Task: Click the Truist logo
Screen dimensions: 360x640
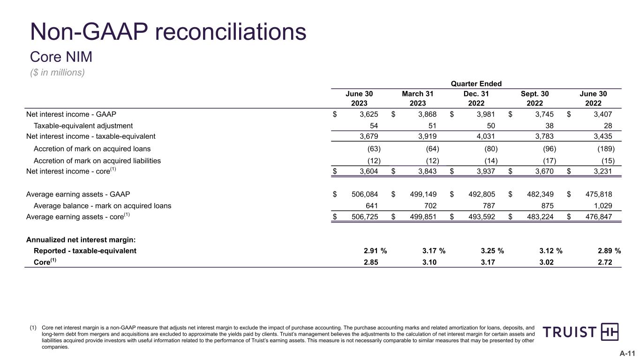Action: coord(580,332)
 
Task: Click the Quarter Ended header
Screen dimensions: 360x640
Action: coord(476,84)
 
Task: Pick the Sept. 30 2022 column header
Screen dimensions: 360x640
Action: coord(535,98)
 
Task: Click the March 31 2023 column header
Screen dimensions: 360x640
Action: coord(418,98)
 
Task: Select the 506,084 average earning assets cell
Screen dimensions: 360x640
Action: coord(365,194)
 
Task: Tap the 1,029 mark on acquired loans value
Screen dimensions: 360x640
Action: coord(603,205)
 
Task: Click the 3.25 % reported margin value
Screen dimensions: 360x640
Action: coord(489,250)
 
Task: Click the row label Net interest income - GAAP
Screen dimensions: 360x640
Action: coord(71,114)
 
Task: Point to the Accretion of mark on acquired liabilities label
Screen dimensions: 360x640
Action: coord(97,161)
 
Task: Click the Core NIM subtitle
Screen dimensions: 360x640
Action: coord(61,57)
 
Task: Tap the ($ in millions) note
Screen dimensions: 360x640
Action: coord(57,73)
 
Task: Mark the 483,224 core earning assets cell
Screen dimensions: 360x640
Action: coord(541,217)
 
